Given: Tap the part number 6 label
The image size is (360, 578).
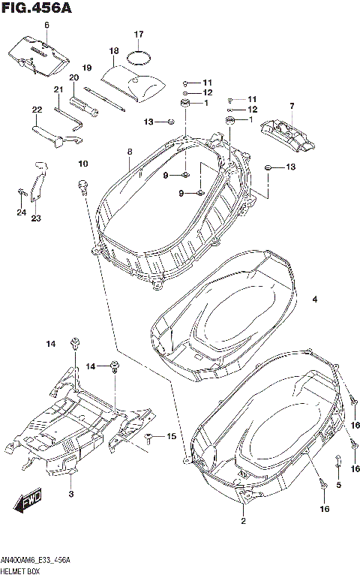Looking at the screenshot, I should click(46, 26).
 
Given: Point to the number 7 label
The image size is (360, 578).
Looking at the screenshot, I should click(292, 105).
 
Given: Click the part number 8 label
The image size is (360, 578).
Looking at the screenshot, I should click(129, 152).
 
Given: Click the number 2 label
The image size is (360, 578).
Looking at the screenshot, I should click(243, 520).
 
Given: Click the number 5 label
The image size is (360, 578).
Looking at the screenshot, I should click(338, 486).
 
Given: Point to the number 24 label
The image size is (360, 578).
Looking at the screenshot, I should click(21, 212).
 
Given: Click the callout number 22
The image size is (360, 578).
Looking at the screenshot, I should click(37, 110).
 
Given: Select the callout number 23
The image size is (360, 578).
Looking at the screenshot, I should click(35, 218).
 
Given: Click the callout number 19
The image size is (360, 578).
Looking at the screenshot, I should click(86, 68).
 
